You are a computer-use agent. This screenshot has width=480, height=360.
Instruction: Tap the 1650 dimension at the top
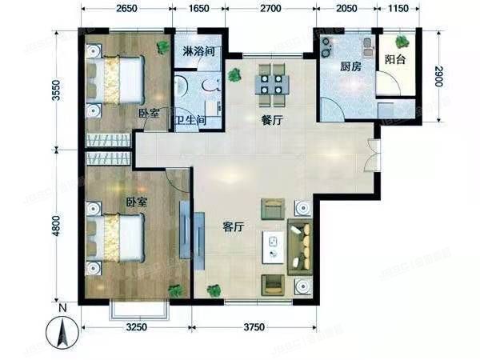[x=199, y=10]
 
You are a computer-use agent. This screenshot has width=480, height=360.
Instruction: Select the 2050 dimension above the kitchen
[x=345, y=10]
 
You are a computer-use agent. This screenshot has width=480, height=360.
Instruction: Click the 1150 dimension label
[x=398, y=10]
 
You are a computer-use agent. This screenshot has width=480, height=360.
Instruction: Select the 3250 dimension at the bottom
[x=138, y=328]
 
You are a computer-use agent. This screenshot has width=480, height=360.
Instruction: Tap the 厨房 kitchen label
[x=350, y=67]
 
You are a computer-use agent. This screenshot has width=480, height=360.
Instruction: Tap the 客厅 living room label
[x=234, y=226]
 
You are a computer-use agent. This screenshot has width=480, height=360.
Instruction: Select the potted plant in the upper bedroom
[x=163, y=46]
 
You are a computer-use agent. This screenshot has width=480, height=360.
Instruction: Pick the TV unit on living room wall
[x=186, y=230]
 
